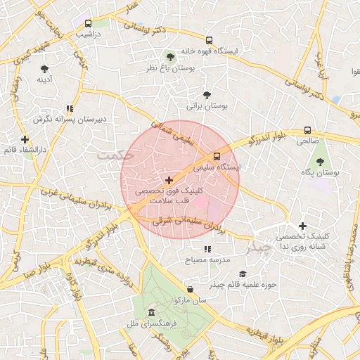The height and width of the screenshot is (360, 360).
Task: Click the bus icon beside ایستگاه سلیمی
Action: (x=217, y=156)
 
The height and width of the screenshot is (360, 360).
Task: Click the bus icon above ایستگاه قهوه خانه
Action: (x=208, y=40)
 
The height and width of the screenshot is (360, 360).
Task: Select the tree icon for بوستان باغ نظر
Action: (x=169, y=56)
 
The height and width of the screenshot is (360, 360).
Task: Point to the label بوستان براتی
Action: (x=203, y=106)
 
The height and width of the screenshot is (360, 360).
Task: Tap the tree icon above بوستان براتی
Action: (x=206, y=94)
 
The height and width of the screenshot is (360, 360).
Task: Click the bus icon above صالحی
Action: (x=307, y=130)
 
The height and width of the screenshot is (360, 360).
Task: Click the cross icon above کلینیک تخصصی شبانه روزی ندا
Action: (x=302, y=226)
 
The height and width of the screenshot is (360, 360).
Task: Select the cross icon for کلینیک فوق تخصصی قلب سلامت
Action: (x=169, y=181)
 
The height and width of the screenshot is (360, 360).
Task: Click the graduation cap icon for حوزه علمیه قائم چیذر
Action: (x=243, y=274)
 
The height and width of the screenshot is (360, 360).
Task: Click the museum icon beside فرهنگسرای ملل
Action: (x=151, y=313)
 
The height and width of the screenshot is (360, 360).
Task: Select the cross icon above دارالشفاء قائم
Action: (x=25, y=139)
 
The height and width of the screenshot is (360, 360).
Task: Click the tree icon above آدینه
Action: (x=45, y=69)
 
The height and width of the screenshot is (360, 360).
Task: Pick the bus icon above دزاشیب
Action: (x=86, y=23)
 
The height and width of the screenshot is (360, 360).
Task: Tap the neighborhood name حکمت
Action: (x=115, y=153)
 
